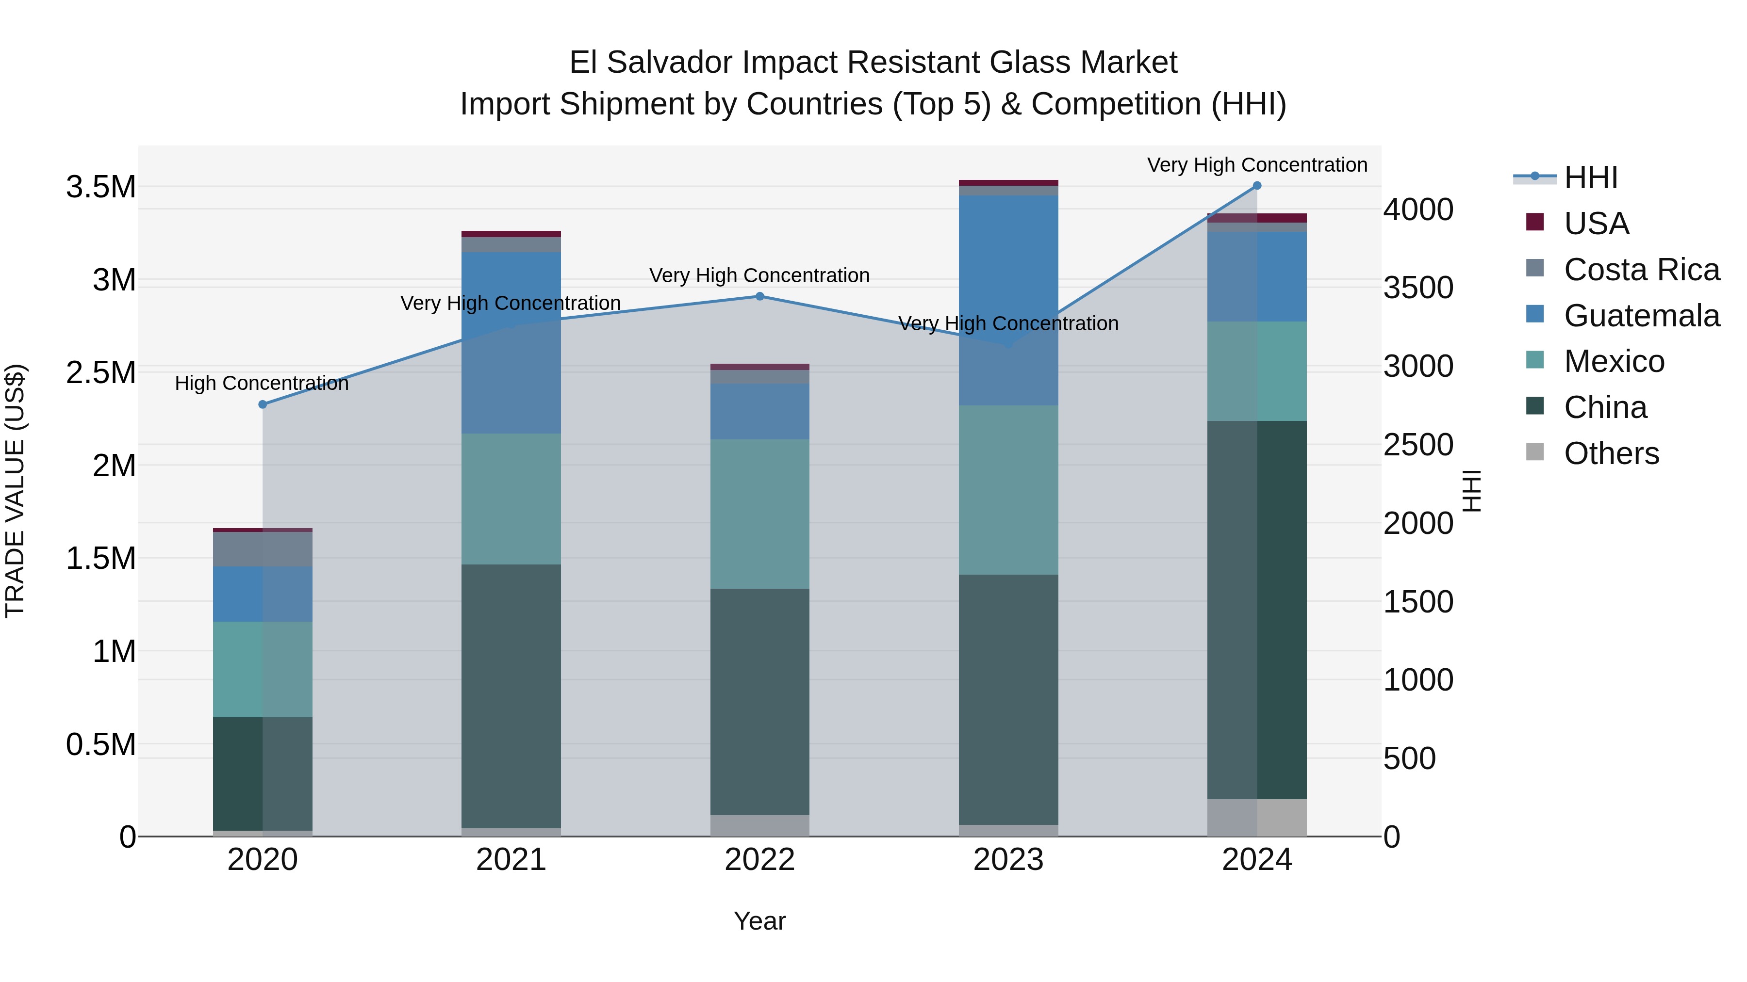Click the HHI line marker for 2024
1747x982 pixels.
1257,186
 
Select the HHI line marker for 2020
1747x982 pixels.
263,404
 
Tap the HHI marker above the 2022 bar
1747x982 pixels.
759,296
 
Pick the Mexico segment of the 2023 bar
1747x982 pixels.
1008,490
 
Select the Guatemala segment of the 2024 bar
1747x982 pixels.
1257,276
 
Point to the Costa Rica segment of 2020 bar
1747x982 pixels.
263,549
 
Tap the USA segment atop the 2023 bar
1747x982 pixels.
1008,183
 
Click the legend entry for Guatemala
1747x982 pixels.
1641,316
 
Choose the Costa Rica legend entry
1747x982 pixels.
1641,270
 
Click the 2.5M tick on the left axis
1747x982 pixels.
101,373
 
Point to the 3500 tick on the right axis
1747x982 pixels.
1418,288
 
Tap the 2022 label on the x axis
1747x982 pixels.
759,860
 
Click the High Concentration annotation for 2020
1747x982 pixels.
262,384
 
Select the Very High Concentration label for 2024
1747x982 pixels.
1257,165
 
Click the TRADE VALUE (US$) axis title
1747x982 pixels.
15,491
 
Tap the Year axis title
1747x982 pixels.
759,921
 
